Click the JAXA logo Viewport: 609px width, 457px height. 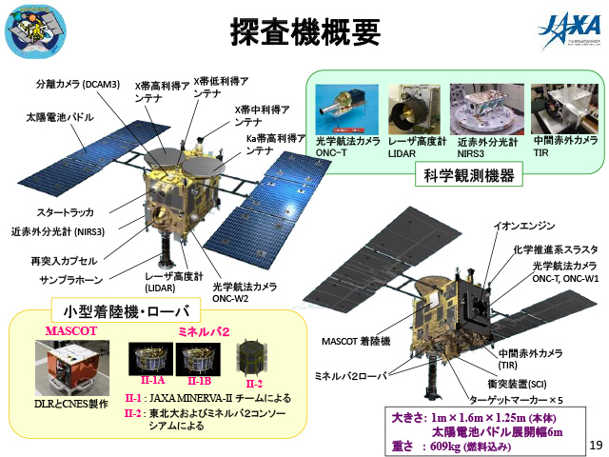point(568,32)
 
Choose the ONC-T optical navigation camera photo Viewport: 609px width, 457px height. point(346,109)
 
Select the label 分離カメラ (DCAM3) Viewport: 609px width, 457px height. point(78,85)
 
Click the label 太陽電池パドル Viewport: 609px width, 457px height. point(59,117)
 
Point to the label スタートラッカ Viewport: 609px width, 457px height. point(66,212)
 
